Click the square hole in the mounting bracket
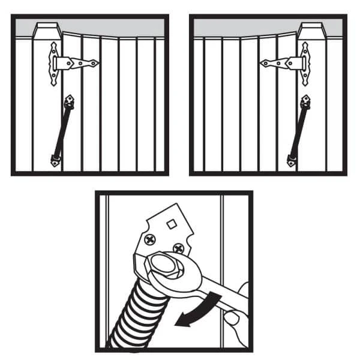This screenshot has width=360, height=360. coord(170,224)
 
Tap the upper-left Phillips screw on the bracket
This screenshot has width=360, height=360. coord(148,241)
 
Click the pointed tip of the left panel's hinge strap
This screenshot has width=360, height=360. coord(96,62)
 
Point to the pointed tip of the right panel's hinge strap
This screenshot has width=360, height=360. coord(262,62)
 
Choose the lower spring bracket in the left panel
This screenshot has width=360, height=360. coord(55,160)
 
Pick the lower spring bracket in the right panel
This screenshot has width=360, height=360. coord(292,160)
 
